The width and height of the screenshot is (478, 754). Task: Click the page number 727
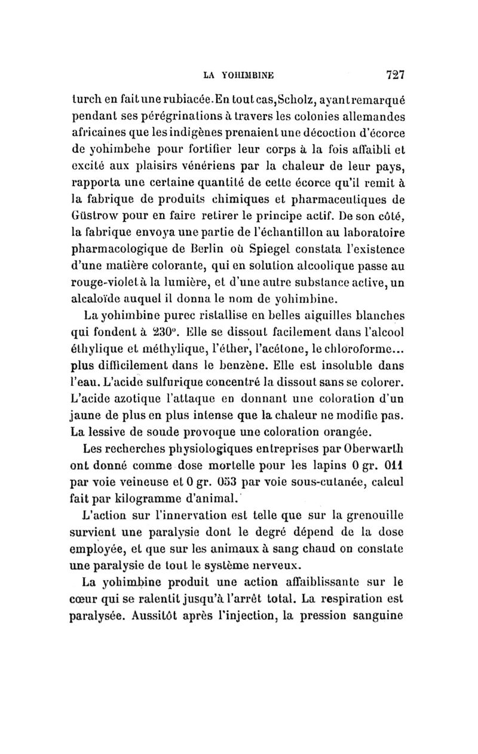[x=396, y=76]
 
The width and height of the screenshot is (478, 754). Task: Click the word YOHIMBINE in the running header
[x=247, y=76]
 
